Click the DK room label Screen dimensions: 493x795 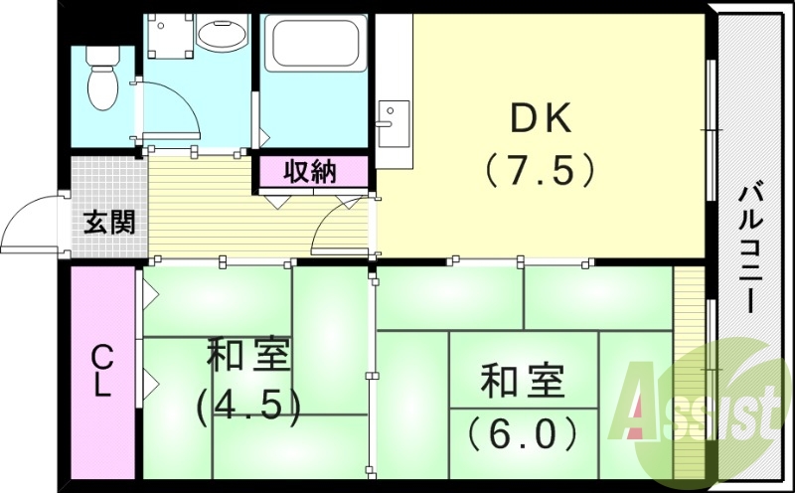542,120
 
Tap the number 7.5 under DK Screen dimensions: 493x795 542,169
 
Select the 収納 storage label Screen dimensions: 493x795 311,172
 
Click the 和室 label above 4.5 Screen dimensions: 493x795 247,356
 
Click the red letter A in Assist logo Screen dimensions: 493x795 641,408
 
